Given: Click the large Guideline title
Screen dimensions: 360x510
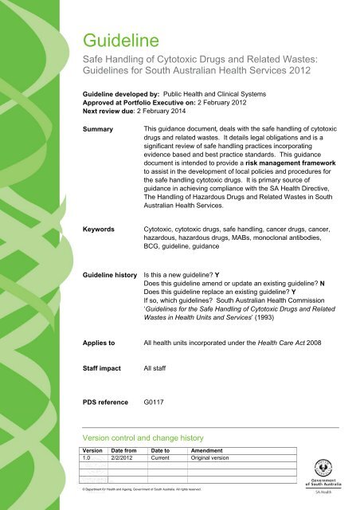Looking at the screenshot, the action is pyautogui.click(x=123, y=37).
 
